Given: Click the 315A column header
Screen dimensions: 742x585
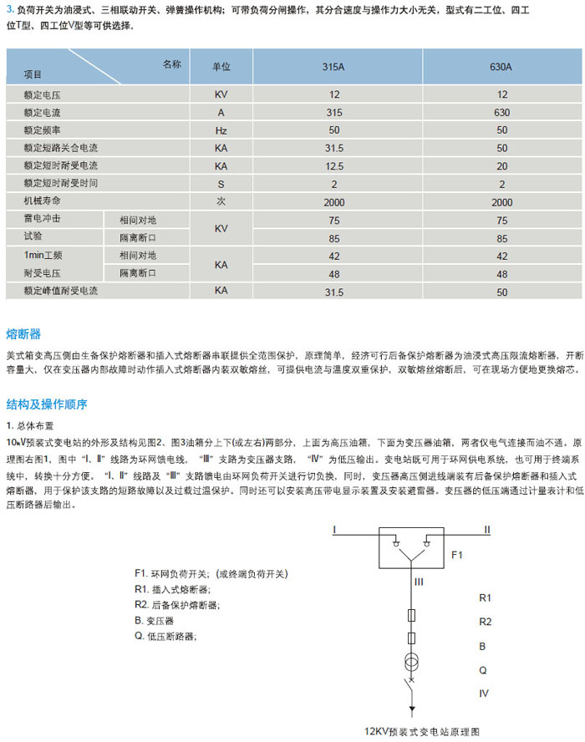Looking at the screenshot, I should [x=334, y=67].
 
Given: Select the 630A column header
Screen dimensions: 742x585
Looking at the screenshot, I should [x=501, y=67].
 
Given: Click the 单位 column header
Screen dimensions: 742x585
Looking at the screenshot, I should [x=221, y=67].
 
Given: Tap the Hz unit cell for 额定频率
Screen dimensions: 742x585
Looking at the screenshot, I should [x=221, y=130].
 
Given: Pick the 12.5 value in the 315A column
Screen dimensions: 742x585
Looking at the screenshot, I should [x=334, y=165].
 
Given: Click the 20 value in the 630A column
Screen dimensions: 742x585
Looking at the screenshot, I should [x=501, y=165].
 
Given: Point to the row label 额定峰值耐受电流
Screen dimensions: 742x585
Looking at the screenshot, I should [x=61, y=291].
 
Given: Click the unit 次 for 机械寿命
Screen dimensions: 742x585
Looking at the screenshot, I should [x=221, y=201].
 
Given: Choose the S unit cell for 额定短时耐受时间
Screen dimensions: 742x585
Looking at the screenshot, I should [x=221, y=183].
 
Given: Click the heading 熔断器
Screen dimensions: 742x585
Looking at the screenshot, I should [x=23, y=333].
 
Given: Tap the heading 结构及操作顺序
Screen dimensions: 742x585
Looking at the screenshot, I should [x=47, y=404].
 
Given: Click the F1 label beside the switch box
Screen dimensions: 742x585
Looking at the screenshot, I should [x=456, y=554].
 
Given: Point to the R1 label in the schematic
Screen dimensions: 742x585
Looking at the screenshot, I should [x=485, y=598].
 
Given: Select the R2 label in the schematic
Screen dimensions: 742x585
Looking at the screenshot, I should [x=485, y=622].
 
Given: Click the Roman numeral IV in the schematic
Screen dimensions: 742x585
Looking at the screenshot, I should [x=484, y=693].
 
